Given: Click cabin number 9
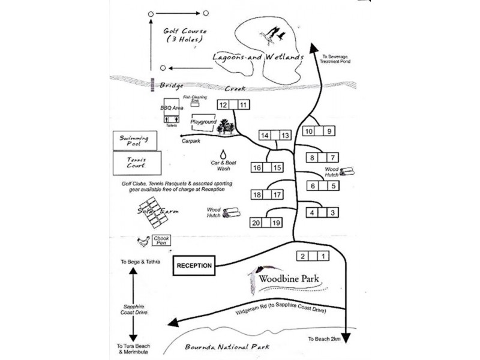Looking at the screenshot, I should pyautogui.click(x=328, y=131).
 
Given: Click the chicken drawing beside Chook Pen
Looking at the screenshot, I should pyautogui.click(x=144, y=241).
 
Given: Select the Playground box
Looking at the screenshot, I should pyautogui.click(x=203, y=122).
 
